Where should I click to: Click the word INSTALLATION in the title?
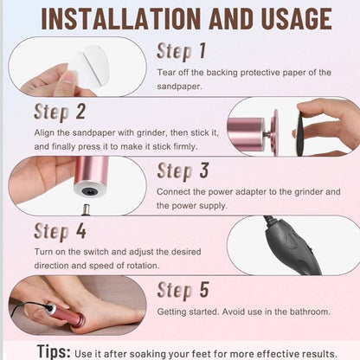point(120,19)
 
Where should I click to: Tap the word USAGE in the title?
point(297,19)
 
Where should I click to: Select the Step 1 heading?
point(182,52)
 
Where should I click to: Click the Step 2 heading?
point(60,112)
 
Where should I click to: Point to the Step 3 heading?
point(183,171)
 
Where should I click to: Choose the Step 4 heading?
point(60,232)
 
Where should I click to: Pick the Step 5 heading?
point(183,290)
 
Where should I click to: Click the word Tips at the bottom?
point(54,351)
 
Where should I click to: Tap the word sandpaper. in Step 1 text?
point(179,87)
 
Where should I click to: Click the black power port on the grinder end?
point(88,190)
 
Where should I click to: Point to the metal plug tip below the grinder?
point(86,209)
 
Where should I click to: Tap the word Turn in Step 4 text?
point(43,252)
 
